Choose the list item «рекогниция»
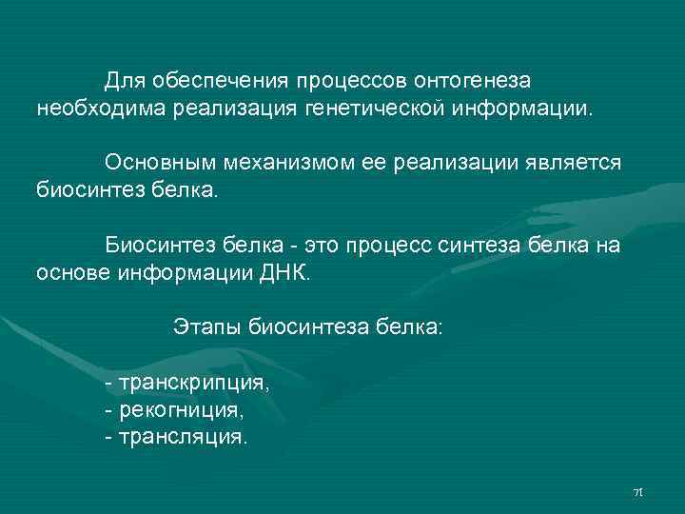click(x=182, y=411)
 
